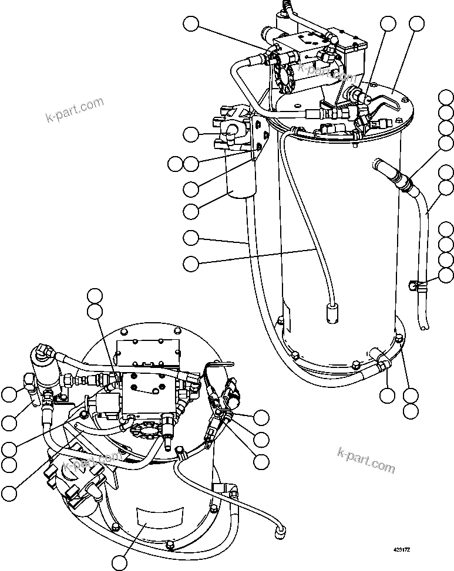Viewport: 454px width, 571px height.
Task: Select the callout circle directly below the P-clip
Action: coord(388,395)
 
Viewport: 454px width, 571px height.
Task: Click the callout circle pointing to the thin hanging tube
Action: coord(190,264)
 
